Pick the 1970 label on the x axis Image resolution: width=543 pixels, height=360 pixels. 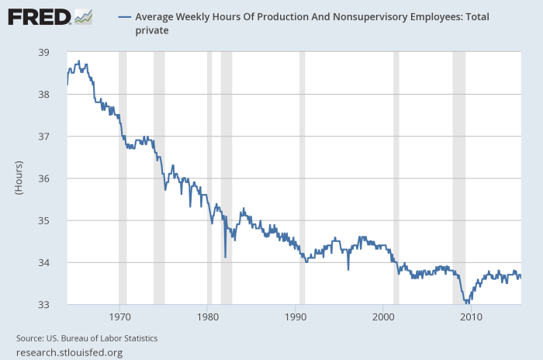[x=119, y=317]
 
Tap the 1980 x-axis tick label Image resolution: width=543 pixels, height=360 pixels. [x=207, y=317]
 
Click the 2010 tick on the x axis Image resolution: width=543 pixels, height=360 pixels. [x=472, y=317]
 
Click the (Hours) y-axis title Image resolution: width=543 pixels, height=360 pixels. [x=19, y=178]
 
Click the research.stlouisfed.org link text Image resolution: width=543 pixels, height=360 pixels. [x=69, y=352]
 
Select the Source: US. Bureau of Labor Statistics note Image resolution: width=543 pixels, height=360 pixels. [x=87, y=338]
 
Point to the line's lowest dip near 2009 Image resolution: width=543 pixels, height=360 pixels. [x=466, y=303]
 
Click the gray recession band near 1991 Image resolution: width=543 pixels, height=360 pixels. [x=303, y=178]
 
